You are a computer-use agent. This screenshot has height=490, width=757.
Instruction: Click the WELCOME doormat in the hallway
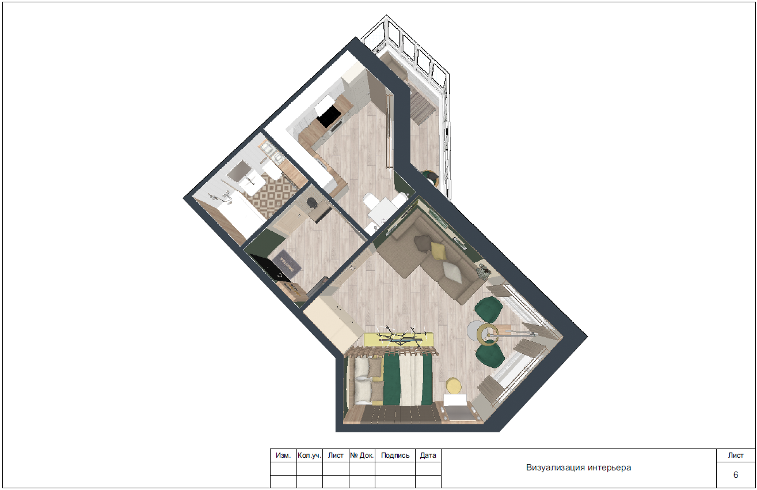tap(287, 264)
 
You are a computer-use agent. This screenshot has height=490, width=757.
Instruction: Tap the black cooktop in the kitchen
tap(329, 116)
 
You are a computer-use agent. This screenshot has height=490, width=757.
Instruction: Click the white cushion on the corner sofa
tap(452, 272)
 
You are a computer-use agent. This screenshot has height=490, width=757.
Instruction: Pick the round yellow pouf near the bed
tap(454, 386)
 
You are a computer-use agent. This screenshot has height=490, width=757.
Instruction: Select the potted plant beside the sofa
tap(484, 271)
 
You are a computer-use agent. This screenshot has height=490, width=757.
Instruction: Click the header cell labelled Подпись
tap(395, 455)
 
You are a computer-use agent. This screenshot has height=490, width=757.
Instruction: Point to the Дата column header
tap(428, 455)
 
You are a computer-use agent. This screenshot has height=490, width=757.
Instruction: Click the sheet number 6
tap(735, 475)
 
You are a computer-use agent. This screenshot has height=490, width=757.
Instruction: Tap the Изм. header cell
tap(283, 455)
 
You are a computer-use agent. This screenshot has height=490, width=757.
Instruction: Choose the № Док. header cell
tap(362, 455)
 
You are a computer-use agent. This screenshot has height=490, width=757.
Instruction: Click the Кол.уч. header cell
tap(310, 455)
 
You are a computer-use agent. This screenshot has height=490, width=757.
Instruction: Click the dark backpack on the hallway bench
tap(311, 203)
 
